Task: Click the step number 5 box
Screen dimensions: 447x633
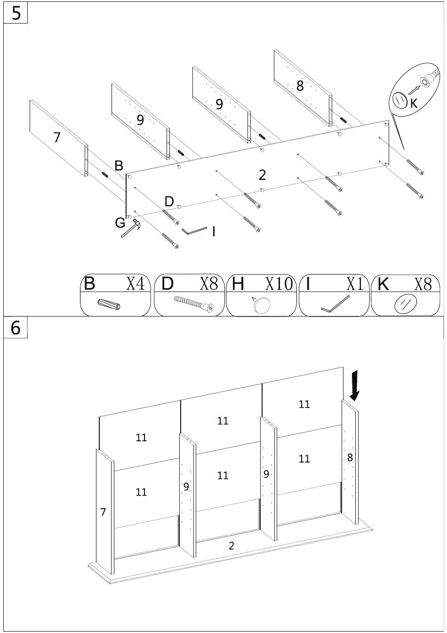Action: pyautogui.click(x=16, y=13)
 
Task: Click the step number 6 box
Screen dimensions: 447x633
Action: pyautogui.click(x=16, y=327)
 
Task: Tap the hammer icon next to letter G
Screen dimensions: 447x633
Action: pyautogui.click(x=130, y=228)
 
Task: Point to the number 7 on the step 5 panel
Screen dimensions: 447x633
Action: pyautogui.click(x=57, y=138)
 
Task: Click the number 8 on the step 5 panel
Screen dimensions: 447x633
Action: pyautogui.click(x=300, y=86)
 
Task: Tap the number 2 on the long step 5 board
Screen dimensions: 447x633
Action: pyautogui.click(x=262, y=175)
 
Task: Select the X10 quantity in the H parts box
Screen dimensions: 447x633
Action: pyautogui.click(x=279, y=284)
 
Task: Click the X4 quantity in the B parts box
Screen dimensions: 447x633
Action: pyautogui.click(x=135, y=283)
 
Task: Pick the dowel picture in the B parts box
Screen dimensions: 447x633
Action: pyautogui.click(x=109, y=304)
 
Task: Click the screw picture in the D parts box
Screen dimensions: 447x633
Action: pyautogui.click(x=194, y=303)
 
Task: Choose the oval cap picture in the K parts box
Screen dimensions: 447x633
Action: pyautogui.click(x=406, y=304)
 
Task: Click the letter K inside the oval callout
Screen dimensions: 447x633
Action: pyautogui.click(x=414, y=104)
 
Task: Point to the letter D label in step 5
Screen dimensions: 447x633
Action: pyautogui.click(x=169, y=202)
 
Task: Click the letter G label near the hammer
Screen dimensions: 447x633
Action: pyautogui.click(x=120, y=223)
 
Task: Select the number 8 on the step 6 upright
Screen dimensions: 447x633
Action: pyautogui.click(x=350, y=457)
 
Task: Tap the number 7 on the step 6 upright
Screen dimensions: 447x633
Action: pyautogui.click(x=103, y=512)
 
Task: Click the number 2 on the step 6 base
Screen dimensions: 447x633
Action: pyautogui.click(x=231, y=546)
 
